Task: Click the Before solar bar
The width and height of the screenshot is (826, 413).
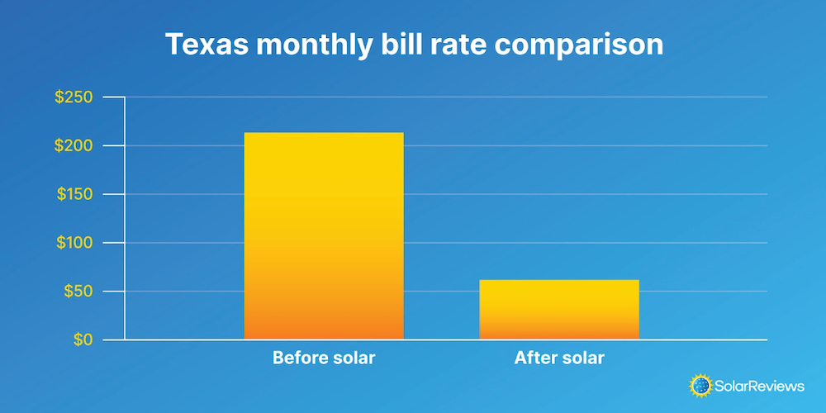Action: click(x=324, y=235)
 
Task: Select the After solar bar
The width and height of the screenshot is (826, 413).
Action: click(x=559, y=309)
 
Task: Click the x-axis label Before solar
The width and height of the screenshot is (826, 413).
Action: click(x=324, y=358)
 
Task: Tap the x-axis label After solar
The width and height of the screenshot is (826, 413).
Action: click(x=559, y=358)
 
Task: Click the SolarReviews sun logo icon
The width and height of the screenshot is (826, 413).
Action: click(x=700, y=385)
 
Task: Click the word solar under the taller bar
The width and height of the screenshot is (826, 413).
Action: click(x=353, y=358)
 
